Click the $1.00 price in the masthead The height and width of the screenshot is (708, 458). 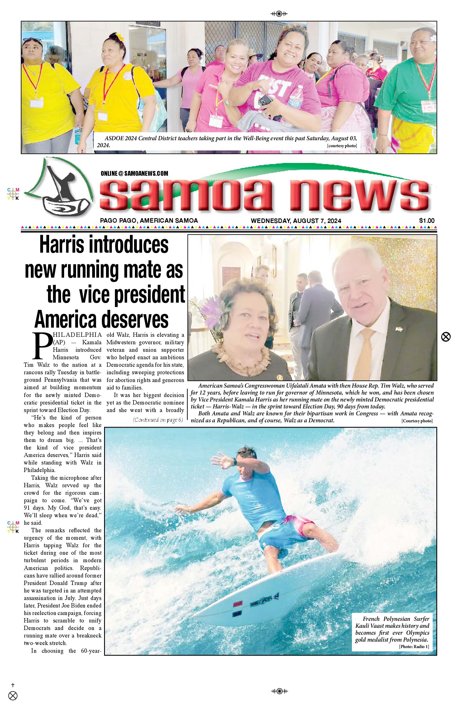click(426, 221)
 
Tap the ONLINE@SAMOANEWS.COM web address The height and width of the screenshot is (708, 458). click(134, 174)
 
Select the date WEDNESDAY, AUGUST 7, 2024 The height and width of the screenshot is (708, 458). click(296, 221)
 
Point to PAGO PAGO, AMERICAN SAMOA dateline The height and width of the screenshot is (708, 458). click(149, 221)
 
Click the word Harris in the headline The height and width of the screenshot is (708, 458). click(62, 245)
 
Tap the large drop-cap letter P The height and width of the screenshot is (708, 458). click(42, 346)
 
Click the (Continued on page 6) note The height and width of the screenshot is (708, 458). click(158, 420)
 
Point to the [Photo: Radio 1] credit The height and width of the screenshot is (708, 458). click(414, 646)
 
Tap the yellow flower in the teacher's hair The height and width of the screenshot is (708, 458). click(120, 37)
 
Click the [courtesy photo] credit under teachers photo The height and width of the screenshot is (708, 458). click(342, 146)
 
